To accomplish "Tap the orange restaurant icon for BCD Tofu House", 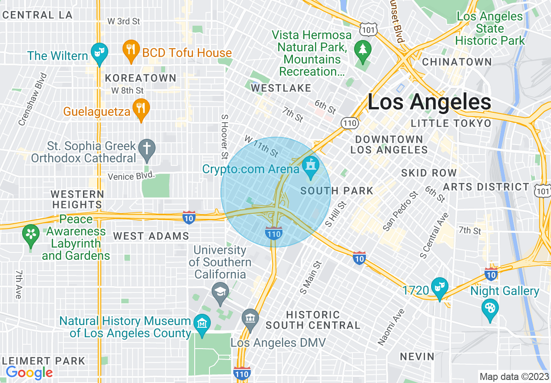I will click(130, 50).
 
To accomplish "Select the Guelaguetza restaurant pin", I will click(140, 109).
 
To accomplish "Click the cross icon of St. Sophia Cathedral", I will click(147, 148).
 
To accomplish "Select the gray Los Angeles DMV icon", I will click(250, 319).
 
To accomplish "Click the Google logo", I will click(29, 373).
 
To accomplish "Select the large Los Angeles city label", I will click(429, 102).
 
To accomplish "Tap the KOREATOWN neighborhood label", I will click(140, 78).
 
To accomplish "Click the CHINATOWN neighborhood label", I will click(457, 62).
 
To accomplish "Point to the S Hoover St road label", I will click(225, 136).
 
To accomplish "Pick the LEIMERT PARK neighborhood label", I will click(43, 361).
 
